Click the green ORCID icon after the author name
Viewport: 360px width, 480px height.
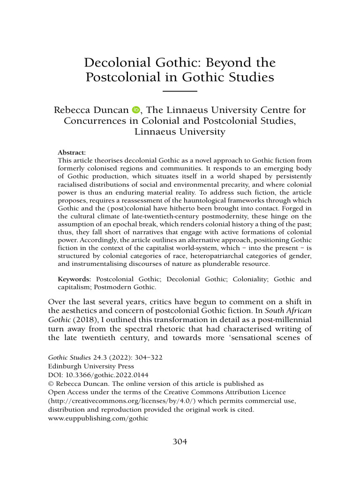pos(136,111)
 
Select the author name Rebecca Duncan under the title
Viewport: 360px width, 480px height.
pos(91,111)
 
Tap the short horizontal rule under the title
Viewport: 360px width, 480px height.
pos(180,91)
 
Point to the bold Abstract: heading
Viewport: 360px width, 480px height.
pos(72,153)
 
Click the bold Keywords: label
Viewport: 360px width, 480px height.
pos(74,279)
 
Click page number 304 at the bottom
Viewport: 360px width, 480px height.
pos(180,442)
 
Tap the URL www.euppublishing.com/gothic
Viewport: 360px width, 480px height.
pos(98,419)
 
